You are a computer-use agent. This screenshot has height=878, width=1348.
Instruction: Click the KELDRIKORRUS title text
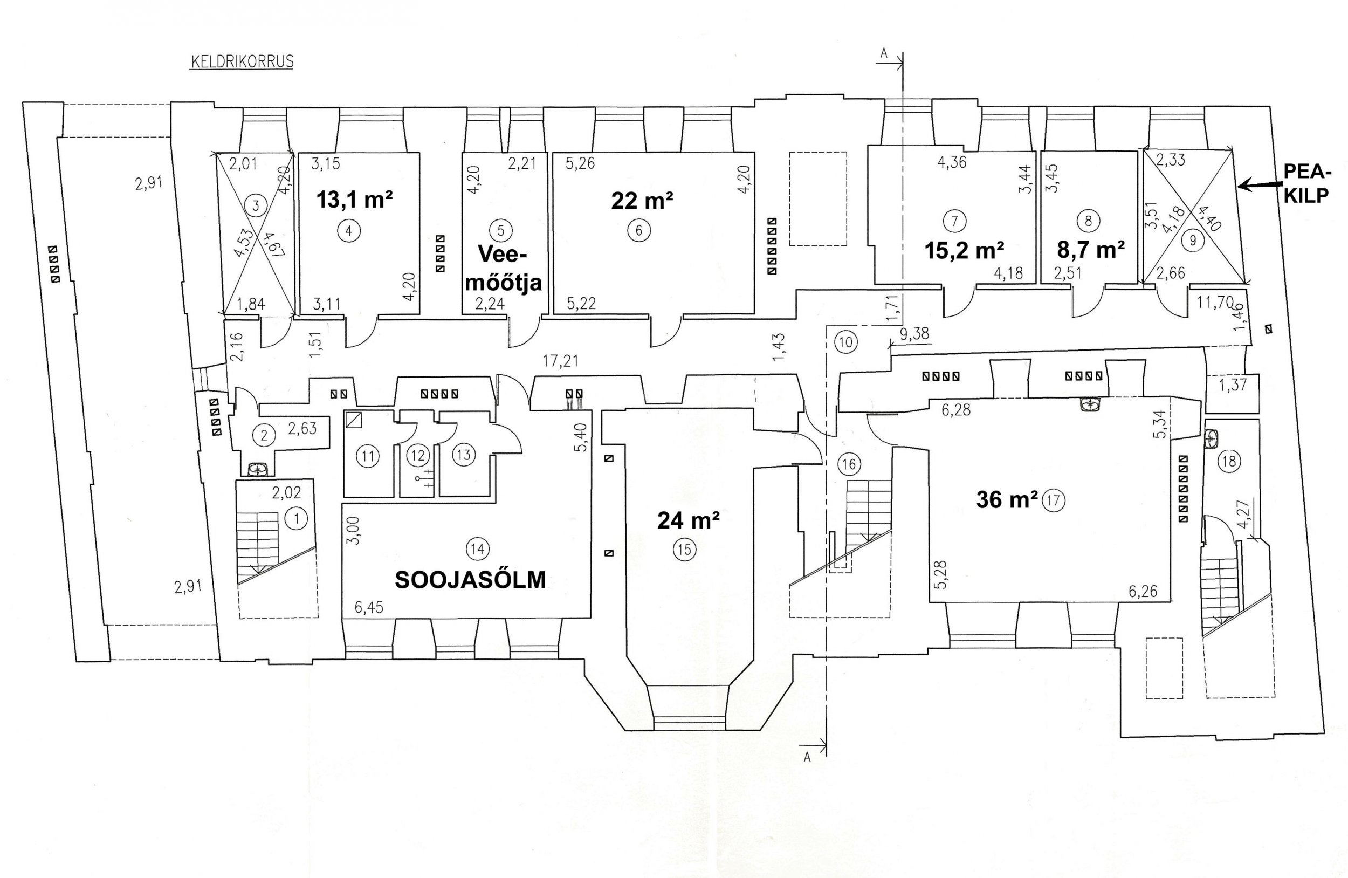[x=242, y=61]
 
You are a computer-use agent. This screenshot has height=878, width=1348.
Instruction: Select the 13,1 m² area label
[x=355, y=200]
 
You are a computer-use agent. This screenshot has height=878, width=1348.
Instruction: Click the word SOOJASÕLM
[x=470, y=579]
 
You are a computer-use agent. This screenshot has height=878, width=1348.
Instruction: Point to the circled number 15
[x=684, y=549]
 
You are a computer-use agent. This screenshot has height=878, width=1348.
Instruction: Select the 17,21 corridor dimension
[x=560, y=361]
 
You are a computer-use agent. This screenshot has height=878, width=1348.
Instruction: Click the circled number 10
[x=845, y=341]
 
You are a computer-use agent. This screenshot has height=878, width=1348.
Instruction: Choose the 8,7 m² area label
[x=1091, y=249]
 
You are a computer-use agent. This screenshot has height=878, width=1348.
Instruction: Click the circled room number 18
[x=1229, y=461]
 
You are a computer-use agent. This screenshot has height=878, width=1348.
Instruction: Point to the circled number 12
[x=418, y=455]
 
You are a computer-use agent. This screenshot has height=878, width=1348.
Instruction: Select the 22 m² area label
[x=642, y=200]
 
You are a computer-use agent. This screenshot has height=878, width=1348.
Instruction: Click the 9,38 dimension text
[x=914, y=334]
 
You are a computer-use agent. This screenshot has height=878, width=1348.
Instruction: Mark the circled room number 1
[x=297, y=518]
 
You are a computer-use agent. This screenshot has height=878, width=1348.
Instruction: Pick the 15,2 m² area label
[x=965, y=250]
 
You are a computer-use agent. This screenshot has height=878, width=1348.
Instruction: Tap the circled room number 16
[x=849, y=464]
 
